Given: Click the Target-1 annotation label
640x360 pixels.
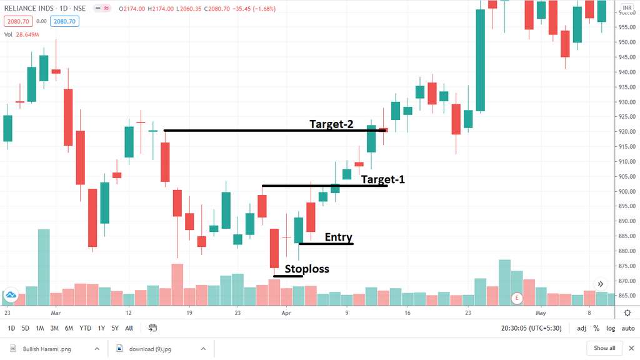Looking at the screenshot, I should tap(382, 179).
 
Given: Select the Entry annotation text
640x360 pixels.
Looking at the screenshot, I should tap(339, 237).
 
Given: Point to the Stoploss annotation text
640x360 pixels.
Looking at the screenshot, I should tap(307, 269).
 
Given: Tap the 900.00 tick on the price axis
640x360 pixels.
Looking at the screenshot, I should tap(627, 191).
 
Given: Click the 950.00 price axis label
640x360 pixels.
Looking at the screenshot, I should tap(627, 42).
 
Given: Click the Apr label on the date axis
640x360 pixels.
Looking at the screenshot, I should tap(286, 312).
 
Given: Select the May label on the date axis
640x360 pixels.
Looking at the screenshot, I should tap(541, 312).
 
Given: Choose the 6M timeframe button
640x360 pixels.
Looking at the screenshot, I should tap(69, 328).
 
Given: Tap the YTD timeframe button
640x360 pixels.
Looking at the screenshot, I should tap(85, 328).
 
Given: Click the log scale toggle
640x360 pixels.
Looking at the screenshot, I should tap(610, 328).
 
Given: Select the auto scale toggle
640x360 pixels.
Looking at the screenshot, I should tap(627, 328).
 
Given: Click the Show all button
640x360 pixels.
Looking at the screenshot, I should tap(604, 348).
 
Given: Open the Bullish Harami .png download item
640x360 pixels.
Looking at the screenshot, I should tap(47, 348).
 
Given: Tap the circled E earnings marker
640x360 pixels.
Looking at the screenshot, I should tap(517, 299).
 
